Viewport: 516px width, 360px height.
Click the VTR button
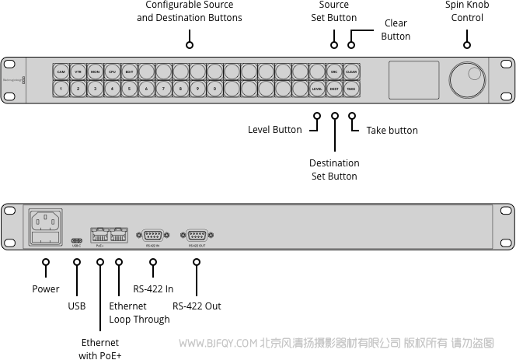click(x=78, y=72)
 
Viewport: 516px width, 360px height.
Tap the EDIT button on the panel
click(x=129, y=72)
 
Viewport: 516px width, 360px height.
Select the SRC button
click(x=334, y=72)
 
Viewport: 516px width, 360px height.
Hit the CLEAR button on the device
click(x=351, y=72)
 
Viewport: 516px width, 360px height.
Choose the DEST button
click(x=334, y=89)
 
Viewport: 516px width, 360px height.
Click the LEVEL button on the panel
click(x=317, y=89)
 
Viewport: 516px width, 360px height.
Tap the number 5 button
click(x=129, y=89)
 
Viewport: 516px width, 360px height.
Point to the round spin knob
click(x=466, y=79)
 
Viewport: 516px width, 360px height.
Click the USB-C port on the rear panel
click(x=76, y=240)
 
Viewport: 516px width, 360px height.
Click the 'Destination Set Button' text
click(x=334, y=170)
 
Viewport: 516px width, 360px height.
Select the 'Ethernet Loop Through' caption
click(x=139, y=313)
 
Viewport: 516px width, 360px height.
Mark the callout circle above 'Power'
click(x=46, y=264)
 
